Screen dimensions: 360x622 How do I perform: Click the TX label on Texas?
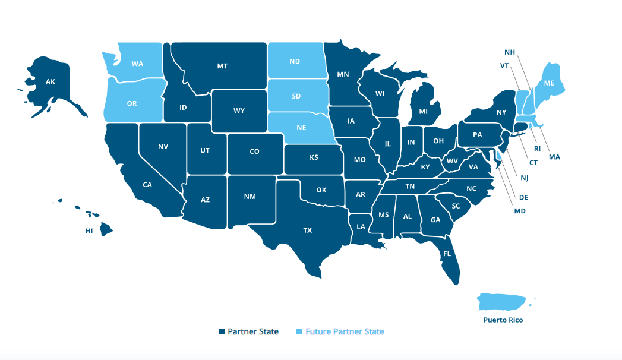tap(308, 230)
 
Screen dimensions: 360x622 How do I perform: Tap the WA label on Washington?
tap(137, 64)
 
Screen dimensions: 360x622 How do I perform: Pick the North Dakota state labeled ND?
tap(295, 61)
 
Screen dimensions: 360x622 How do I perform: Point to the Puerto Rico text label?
tap(503, 320)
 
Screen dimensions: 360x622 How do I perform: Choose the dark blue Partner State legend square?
tap(221, 331)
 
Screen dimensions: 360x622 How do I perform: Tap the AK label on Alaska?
tap(51, 82)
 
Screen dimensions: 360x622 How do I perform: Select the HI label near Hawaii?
tap(89, 230)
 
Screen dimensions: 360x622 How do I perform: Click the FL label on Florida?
tap(446, 254)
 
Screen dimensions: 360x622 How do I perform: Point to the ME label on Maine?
tap(549, 84)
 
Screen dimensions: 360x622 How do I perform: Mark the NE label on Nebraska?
tap(301, 127)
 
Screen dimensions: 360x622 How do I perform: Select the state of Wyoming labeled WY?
tap(239, 110)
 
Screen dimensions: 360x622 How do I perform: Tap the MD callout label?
tap(520, 211)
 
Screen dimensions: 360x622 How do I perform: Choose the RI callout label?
tap(537, 149)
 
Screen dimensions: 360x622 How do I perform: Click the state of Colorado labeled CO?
tap(254, 151)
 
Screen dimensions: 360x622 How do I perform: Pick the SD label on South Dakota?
tap(296, 96)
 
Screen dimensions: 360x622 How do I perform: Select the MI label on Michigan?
tap(424, 111)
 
